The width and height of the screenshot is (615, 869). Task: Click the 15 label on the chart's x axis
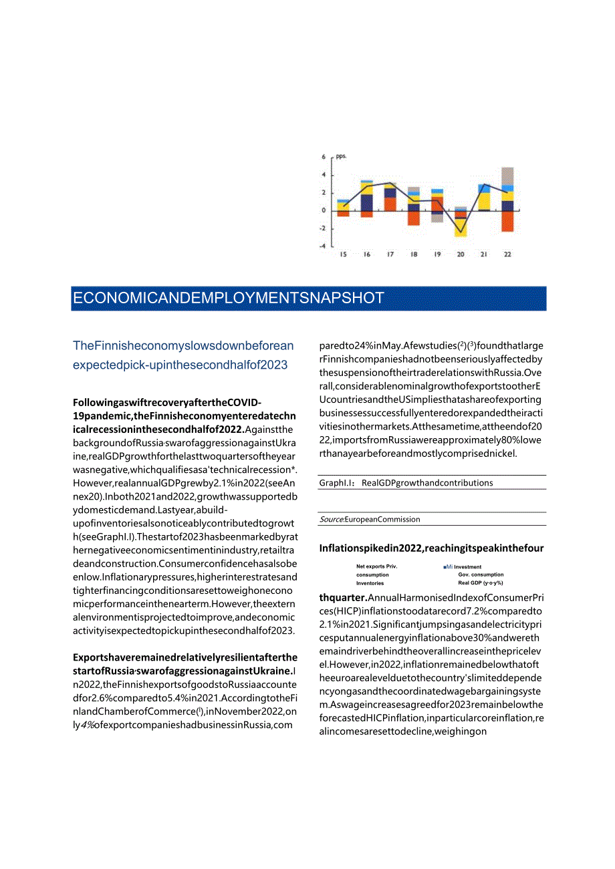click(x=343, y=254)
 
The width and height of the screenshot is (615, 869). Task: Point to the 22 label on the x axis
click(x=507, y=254)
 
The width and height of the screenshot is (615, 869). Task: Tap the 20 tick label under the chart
click(x=461, y=254)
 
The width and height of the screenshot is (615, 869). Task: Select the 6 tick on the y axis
click(x=324, y=158)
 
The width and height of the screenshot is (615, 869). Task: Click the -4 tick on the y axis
click(x=323, y=246)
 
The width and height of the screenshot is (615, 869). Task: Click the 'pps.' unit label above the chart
click(x=342, y=156)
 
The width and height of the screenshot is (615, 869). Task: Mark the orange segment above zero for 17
click(x=390, y=204)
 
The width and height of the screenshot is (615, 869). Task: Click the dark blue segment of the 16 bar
click(x=367, y=202)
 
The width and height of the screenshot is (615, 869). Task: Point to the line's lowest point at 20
click(x=461, y=232)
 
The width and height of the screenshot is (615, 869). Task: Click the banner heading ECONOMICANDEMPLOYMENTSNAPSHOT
click(x=229, y=299)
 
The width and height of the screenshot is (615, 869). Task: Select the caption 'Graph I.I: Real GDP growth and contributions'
click(x=406, y=483)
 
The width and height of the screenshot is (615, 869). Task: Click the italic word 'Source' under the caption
click(x=332, y=519)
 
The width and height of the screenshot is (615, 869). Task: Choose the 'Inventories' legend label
click(x=370, y=583)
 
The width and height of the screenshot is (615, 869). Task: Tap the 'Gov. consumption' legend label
click(x=481, y=574)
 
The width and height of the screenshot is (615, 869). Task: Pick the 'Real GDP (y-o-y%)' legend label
click(x=481, y=583)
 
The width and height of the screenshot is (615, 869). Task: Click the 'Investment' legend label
click(x=468, y=567)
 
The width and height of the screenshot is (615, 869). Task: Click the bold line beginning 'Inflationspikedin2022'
click(x=431, y=548)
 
